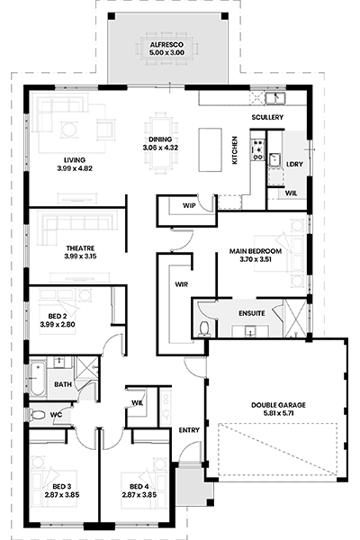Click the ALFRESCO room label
click(166, 45)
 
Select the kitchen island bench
click(210, 149)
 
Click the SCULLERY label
click(267, 117)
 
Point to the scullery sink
click(275, 98)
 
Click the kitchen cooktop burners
click(257, 149)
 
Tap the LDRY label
click(294, 165)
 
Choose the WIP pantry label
click(189, 205)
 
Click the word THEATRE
click(80, 248)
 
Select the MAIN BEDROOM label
click(256, 251)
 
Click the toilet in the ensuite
click(205, 328)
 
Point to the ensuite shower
click(295, 319)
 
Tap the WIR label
click(182, 284)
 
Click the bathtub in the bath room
click(37, 378)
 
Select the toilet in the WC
click(37, 414)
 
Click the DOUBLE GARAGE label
click(278, 405)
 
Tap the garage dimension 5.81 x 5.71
click(278, 413)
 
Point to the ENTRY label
click(189, 430)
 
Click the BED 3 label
click(62, 487)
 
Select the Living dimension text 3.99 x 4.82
click(75, 168)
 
